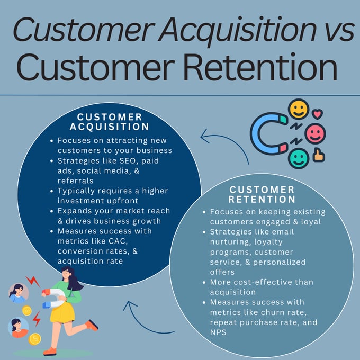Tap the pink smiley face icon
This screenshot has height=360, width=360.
coord(316,133)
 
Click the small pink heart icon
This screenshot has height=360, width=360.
coord(318,113)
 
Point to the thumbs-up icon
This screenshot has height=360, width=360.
coord(319,155)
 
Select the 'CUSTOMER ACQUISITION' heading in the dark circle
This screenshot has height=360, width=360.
coord(110,122)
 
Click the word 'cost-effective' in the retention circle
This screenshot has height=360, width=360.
coord(254,282)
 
